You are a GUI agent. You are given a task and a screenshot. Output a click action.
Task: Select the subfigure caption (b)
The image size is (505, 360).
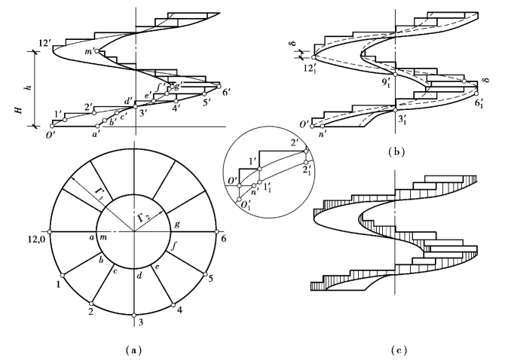coord(396,152)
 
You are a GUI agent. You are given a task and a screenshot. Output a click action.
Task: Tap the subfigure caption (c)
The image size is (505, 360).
coord(399,349)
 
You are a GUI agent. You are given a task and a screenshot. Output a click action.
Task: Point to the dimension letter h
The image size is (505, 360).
coord(29,87)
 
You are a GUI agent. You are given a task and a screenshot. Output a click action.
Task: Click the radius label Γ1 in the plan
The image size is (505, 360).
coord(99,194)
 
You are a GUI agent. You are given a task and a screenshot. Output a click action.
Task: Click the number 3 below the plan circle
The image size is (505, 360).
coord(140,322)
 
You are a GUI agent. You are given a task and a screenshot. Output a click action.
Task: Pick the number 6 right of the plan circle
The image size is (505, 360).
coord(224,239)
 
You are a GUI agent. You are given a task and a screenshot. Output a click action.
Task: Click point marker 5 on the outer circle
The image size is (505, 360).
coord(206,274)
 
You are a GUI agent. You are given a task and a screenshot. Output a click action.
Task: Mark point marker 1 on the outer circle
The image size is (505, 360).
coord(63,275)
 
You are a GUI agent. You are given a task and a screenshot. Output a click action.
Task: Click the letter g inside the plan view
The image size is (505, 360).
coord(177,224)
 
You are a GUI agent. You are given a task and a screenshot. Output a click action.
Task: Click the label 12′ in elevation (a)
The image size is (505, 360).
coord(44,43)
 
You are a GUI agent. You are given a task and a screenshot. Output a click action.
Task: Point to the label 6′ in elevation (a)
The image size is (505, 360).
coord(226,93)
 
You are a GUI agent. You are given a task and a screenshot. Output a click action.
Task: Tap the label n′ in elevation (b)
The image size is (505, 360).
coord(323,133)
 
